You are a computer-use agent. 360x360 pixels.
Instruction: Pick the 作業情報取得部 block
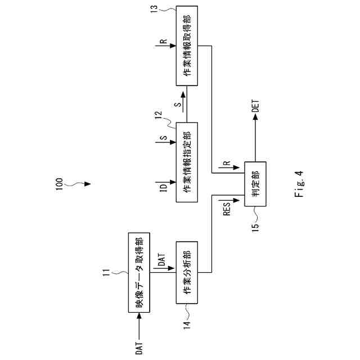tap(188, 46)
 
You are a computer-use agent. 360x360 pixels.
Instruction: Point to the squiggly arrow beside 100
tap(80, 183)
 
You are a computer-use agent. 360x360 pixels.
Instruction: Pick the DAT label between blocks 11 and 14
tap(162, 259)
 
